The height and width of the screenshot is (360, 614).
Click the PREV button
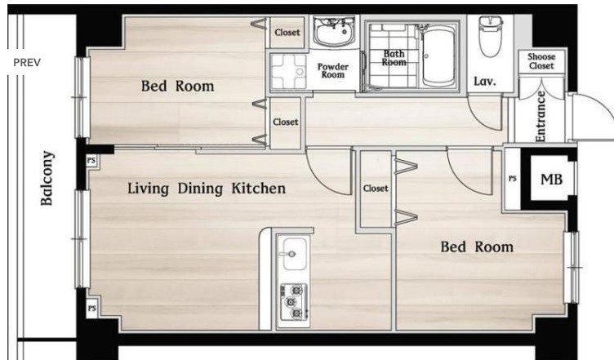pos(27,62)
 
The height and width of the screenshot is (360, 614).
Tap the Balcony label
pos(47,178)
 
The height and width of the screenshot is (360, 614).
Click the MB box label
pos(551,180)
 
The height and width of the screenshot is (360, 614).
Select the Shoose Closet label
pos(541,61)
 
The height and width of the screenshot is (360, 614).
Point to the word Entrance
pos(540,116)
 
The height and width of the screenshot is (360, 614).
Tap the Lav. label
pos(485,81)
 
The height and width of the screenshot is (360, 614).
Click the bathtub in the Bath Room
pos(438,57)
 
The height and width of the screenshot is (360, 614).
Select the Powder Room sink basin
pos(334,31)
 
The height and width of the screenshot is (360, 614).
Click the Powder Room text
pos(333,70)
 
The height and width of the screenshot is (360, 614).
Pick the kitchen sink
pos(295,254)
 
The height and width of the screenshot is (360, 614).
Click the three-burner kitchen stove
pos(293,301)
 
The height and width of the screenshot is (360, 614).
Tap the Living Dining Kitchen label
pos(207,189)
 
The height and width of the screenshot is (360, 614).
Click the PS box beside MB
pos(512,179)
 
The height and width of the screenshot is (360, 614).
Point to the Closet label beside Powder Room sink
pos(287,32)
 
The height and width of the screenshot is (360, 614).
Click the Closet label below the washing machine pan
pos(286,122)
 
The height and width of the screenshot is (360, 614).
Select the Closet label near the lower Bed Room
pos(376,189)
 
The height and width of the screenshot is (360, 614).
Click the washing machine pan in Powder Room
pos(288,71)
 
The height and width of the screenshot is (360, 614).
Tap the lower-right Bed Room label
pos(477,247)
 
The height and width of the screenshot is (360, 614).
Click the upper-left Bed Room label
pos(178,86)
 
